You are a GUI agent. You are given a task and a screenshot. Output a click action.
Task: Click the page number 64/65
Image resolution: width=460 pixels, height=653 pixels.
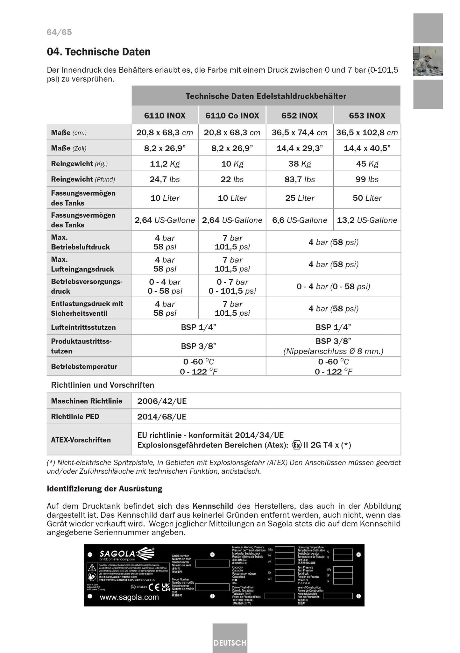click(59, 32)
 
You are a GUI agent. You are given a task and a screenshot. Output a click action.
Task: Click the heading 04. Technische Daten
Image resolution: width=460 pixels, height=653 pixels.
click(99, 52)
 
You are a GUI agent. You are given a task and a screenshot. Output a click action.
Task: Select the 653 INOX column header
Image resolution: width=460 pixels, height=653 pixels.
click(367, 115)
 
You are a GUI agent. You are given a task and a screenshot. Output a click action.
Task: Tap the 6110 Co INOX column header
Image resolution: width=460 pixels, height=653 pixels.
click(232, 115)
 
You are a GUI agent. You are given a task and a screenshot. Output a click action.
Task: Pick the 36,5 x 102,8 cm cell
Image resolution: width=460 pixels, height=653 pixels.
click(367, 133)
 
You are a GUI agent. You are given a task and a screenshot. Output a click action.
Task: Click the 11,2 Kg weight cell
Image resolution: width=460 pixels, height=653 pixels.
click(165, 164)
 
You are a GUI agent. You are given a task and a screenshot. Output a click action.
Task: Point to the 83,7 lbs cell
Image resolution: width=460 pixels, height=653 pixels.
click(300, 179)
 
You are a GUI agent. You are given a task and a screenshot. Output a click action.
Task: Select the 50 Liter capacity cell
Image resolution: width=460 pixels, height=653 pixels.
click(367, 198)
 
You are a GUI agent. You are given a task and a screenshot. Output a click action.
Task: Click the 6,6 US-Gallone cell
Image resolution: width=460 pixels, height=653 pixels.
click(300, 220)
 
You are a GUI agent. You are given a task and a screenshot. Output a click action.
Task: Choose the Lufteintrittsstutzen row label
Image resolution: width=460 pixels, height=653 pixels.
click(83, 327)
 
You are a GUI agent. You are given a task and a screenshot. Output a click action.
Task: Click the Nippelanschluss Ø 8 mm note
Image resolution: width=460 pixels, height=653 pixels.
click(333, 351)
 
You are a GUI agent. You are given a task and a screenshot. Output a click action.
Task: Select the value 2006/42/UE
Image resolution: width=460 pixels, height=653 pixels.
click(162, 401)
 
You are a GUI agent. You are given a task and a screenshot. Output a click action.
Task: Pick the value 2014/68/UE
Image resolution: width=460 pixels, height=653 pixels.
click(162, 417)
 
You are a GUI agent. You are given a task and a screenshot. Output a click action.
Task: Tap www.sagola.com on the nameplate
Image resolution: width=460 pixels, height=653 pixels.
click(129, 597)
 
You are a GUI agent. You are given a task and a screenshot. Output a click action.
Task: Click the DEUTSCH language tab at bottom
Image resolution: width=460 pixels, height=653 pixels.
click(230, 643)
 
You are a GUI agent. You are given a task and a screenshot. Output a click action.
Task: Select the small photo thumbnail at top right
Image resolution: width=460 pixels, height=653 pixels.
click(428, 61)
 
